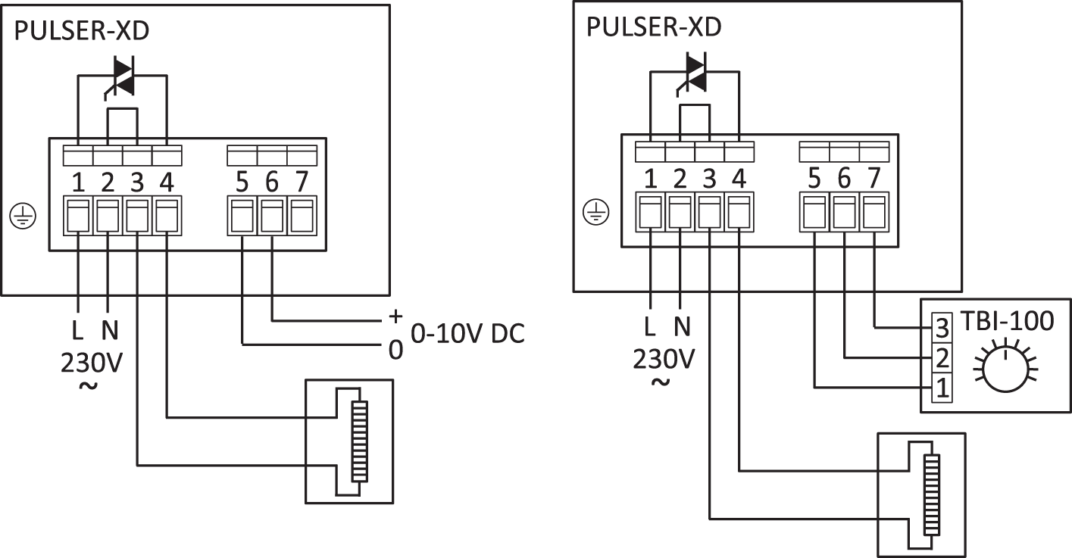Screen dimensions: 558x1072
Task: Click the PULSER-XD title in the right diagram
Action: [x=654, y=27]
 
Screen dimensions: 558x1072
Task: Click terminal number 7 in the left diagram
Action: [x=302, y=183]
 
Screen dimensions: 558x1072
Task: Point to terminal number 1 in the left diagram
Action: [x=77, y=183]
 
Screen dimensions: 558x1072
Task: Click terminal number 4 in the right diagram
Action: [x=739, y=179]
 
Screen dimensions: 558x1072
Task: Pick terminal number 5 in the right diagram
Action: [x=814, y=179]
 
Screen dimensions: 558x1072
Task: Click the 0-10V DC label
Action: [x=467, y=333]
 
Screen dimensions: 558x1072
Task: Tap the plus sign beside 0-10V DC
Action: [x=394, y=316]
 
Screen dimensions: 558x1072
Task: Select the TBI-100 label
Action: [x=1005, y=321]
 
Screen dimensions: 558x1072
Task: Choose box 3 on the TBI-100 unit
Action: [x=942, y=327]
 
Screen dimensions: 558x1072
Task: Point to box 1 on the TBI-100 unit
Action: [x=942, y=388]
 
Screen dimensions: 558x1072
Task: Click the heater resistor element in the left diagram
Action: [x=358, y=441]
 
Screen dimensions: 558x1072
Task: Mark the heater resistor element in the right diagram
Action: [x=931, y=494]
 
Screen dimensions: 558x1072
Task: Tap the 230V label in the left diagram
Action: [x=91, y=363]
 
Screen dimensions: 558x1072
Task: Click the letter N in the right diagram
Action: [x=683, y=326]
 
